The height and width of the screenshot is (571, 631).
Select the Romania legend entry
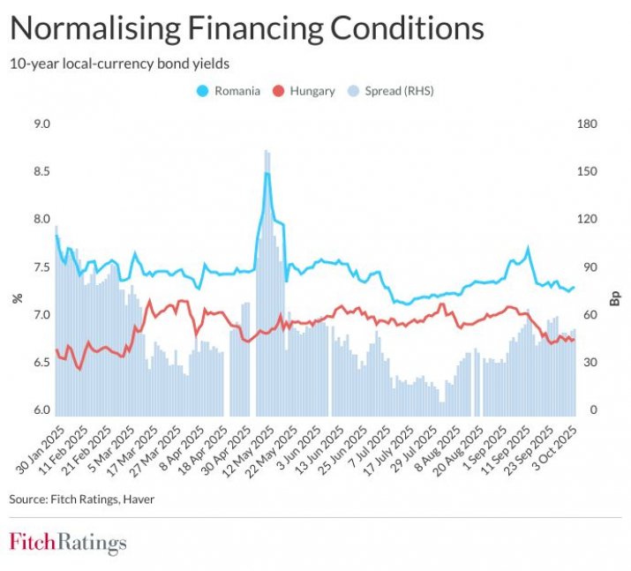click(231, 90)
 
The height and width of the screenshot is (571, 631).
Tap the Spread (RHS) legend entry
click(394, 90)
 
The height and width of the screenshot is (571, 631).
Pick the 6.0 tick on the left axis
click(41, 410)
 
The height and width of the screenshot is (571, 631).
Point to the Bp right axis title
click(615, 298)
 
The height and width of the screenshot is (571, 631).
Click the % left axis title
click(16, 298)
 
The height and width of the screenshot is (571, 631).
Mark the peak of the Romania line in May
click(267, 174)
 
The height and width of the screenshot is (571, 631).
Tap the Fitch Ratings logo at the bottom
click(68, 542)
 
